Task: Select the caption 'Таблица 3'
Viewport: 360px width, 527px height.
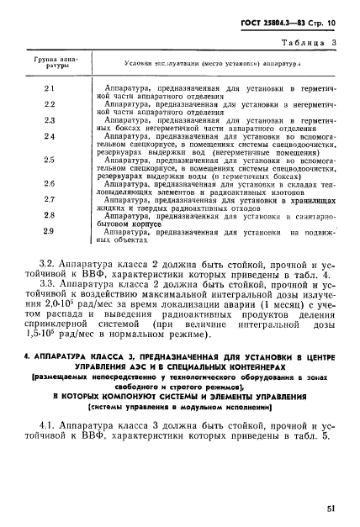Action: pyautogui.click(x=310, y=40)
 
